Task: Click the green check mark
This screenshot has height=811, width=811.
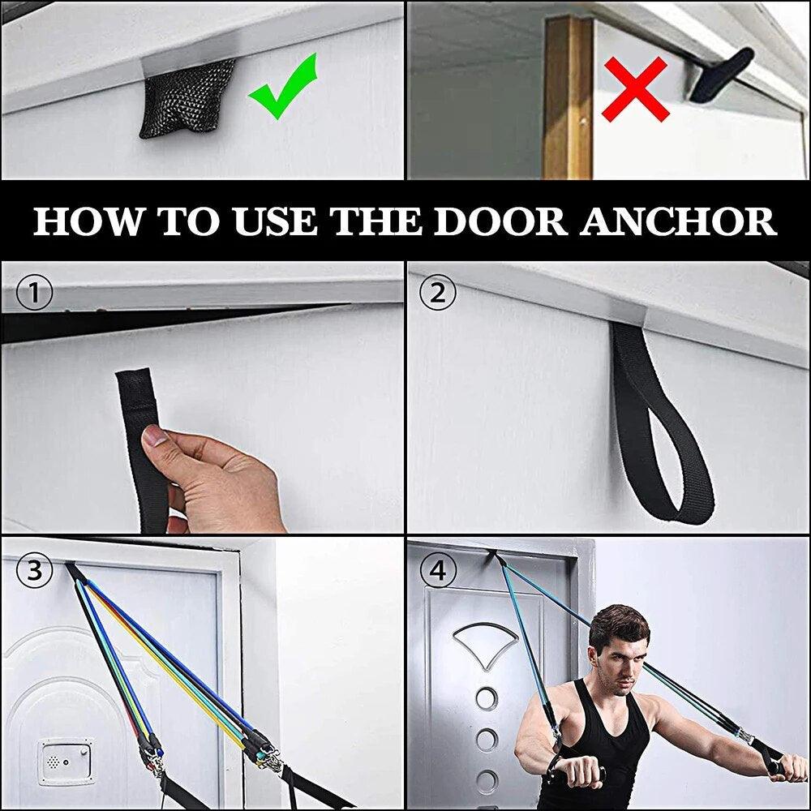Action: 282,88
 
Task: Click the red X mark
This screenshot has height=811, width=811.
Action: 635,89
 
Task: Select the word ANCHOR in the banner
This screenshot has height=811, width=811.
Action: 678,221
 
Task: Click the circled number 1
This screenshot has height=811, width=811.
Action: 35,293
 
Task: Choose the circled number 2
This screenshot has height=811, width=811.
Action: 438,293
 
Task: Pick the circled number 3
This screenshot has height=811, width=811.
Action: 35,571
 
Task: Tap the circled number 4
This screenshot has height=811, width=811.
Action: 438,571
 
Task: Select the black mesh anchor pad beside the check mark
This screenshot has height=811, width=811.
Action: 187,99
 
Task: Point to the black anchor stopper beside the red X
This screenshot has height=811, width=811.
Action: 720,74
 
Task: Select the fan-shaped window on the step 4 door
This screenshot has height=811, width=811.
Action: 485,645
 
